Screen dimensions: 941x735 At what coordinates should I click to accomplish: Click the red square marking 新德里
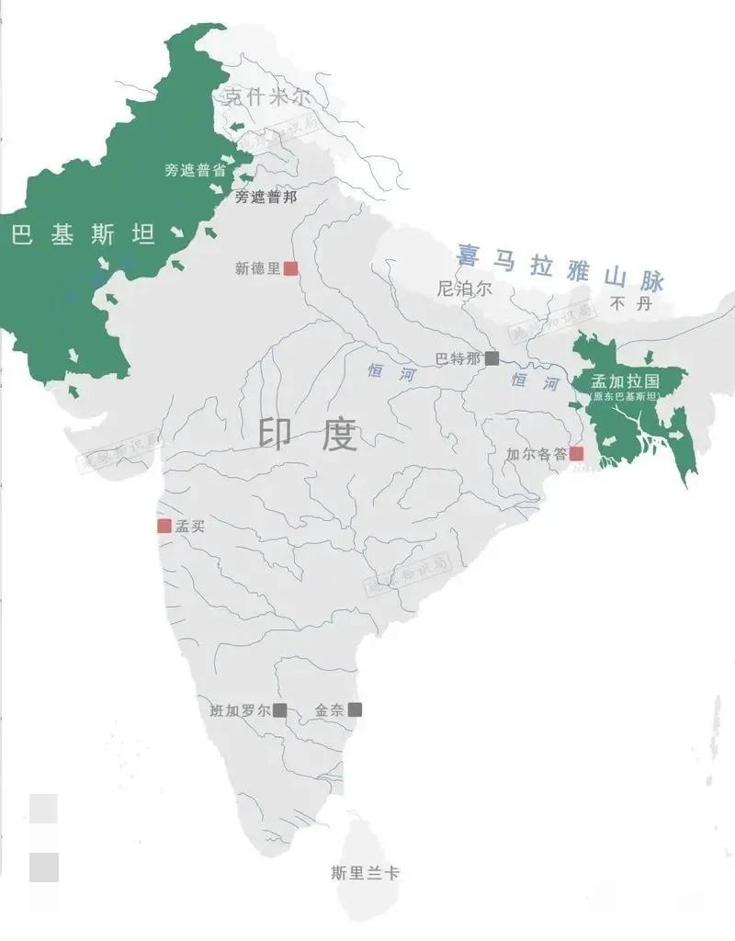click(290, 268)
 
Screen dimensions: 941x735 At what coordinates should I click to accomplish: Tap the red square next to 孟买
click(164, 526)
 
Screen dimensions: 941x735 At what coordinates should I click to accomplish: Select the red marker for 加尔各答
click(576, 453)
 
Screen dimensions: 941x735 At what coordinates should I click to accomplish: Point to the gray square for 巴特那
click(492, 358)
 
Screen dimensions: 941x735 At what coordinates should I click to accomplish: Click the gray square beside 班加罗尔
click(279, 709)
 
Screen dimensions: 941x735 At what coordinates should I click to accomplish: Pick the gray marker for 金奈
click(355, 709)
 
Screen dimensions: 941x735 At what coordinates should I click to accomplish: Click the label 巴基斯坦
click(84, 235)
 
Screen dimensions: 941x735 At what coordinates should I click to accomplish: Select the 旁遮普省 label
click(195, 170)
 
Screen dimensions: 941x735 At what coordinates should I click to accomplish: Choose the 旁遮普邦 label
click(266, 197)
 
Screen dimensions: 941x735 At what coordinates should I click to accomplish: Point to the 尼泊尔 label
click(465, 289)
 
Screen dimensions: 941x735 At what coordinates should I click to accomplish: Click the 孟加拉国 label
click(626, 380)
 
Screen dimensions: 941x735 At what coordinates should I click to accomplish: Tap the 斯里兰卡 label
click(365, 873)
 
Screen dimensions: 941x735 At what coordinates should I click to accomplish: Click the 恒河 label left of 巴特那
click(386, 373)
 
